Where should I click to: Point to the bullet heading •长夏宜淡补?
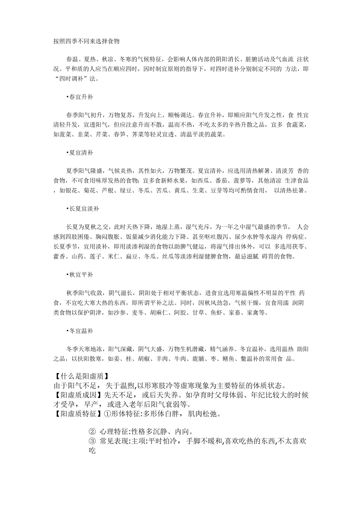pos(83,209)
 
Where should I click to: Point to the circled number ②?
pos(92,432)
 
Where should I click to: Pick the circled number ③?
pos(92,441)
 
